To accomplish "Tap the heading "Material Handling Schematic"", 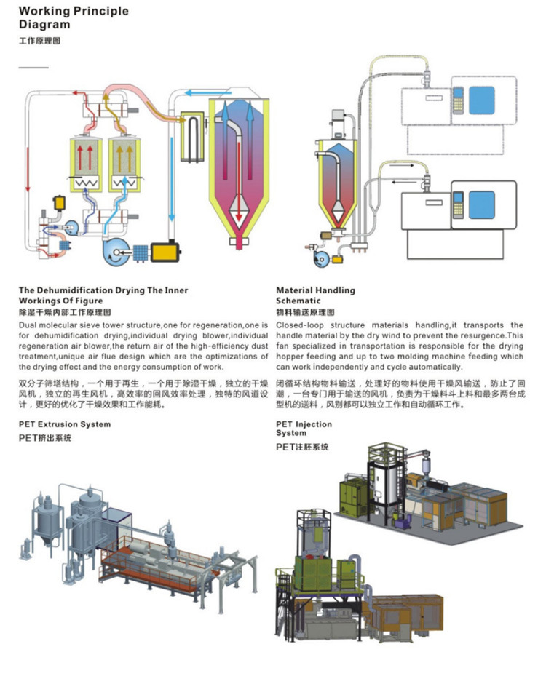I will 315,295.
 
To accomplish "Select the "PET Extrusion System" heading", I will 65,424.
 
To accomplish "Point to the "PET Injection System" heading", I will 304,429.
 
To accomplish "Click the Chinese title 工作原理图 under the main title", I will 39,41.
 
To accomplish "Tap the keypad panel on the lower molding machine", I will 458,205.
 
